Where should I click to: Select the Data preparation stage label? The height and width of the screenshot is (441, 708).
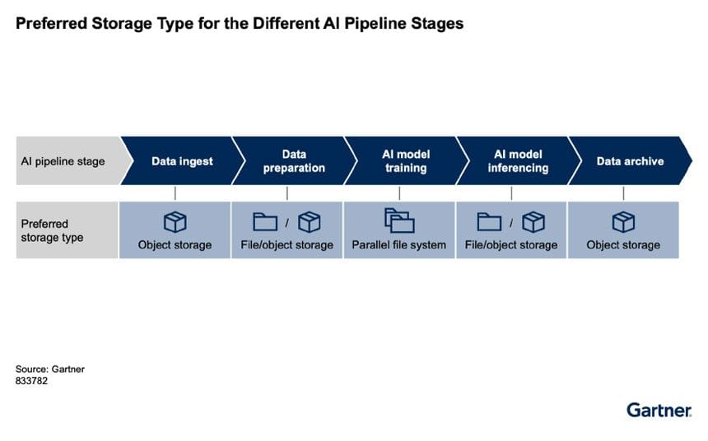[294, 160]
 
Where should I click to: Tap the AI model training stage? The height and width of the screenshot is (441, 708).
[406, 160]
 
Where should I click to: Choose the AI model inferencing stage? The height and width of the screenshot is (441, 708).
[518, 160]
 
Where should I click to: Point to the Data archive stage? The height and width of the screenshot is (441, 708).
[630, 160]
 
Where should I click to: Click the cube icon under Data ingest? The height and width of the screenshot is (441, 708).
[175, 222]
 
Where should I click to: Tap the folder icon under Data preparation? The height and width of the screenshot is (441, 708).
[265, 221]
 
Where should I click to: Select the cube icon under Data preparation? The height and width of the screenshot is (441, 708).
[310, 222]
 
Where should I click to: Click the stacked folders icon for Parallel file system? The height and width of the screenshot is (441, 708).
[399, 220]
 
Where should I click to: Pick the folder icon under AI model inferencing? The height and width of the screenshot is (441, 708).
[489, 221]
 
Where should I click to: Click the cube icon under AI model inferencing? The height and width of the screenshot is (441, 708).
[533, 222]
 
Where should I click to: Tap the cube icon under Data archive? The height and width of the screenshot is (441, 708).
[623, 222]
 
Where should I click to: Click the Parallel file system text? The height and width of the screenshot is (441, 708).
[398, 245]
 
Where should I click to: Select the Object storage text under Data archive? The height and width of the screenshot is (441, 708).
[623, 245]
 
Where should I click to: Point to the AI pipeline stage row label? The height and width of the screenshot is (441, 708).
[63, 161]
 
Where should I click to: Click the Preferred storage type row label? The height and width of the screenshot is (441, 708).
[52, 230]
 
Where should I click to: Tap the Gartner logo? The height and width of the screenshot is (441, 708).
[659, 411]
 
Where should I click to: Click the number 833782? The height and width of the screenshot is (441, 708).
[31, 381]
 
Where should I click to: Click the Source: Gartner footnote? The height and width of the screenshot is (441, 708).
[50, 369]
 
